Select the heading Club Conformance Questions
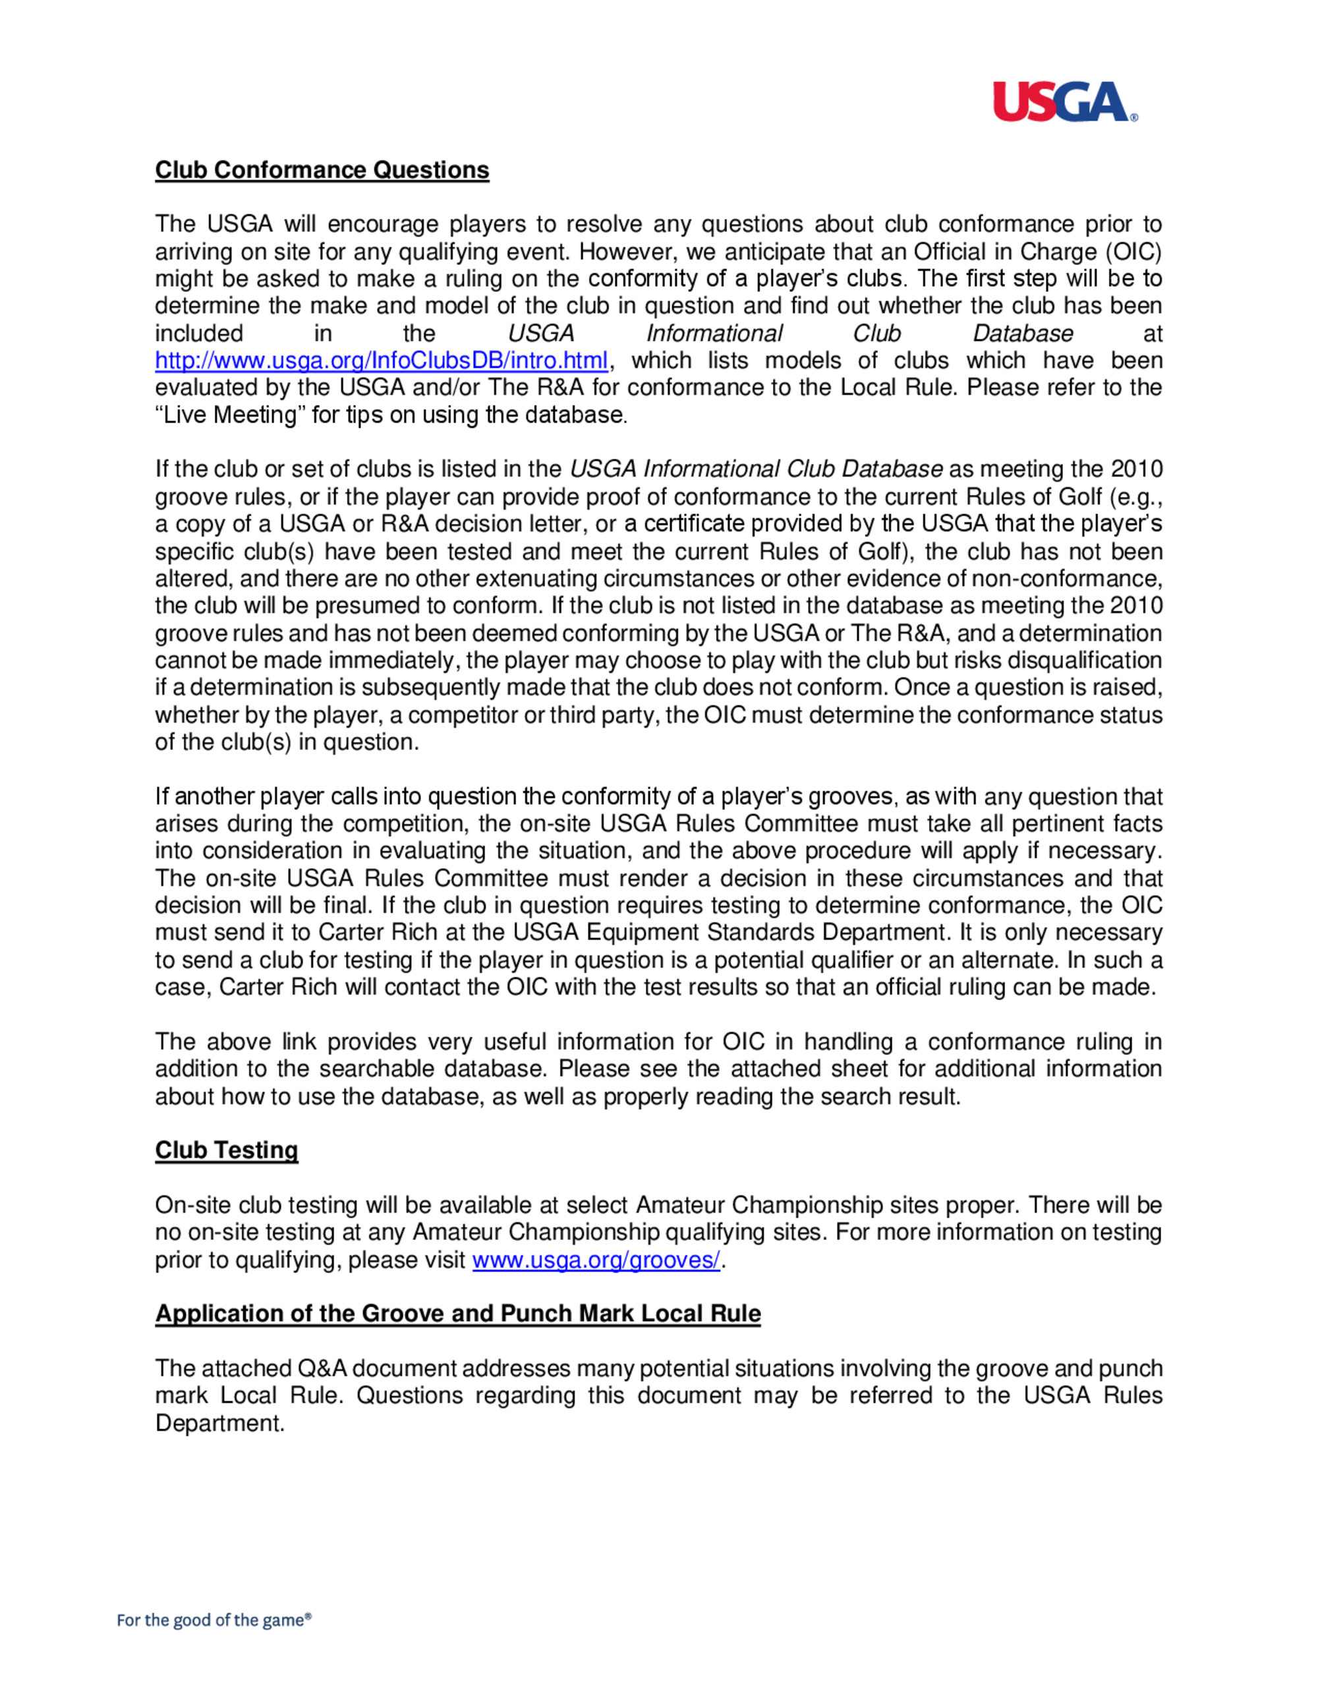322,169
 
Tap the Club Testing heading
227,1150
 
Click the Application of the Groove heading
457,1313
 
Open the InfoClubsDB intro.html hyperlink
381,360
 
